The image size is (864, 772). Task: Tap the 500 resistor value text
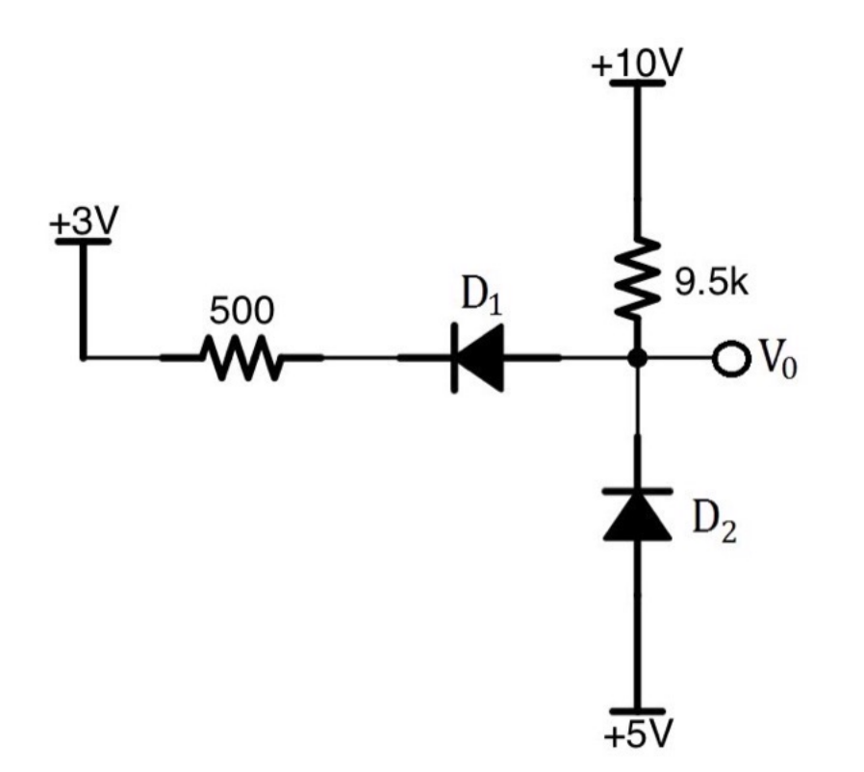(x=241, y=310)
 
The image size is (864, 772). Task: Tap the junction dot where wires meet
(x=636, y=359)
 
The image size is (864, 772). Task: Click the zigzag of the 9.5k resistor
(x=636, y=279)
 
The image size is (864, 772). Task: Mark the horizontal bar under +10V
(x=636, y=83)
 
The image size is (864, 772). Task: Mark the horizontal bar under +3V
(x=83, y=241)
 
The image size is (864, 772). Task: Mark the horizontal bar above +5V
(x=636, y=710)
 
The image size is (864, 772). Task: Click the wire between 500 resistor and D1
(x=361, y=359)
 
